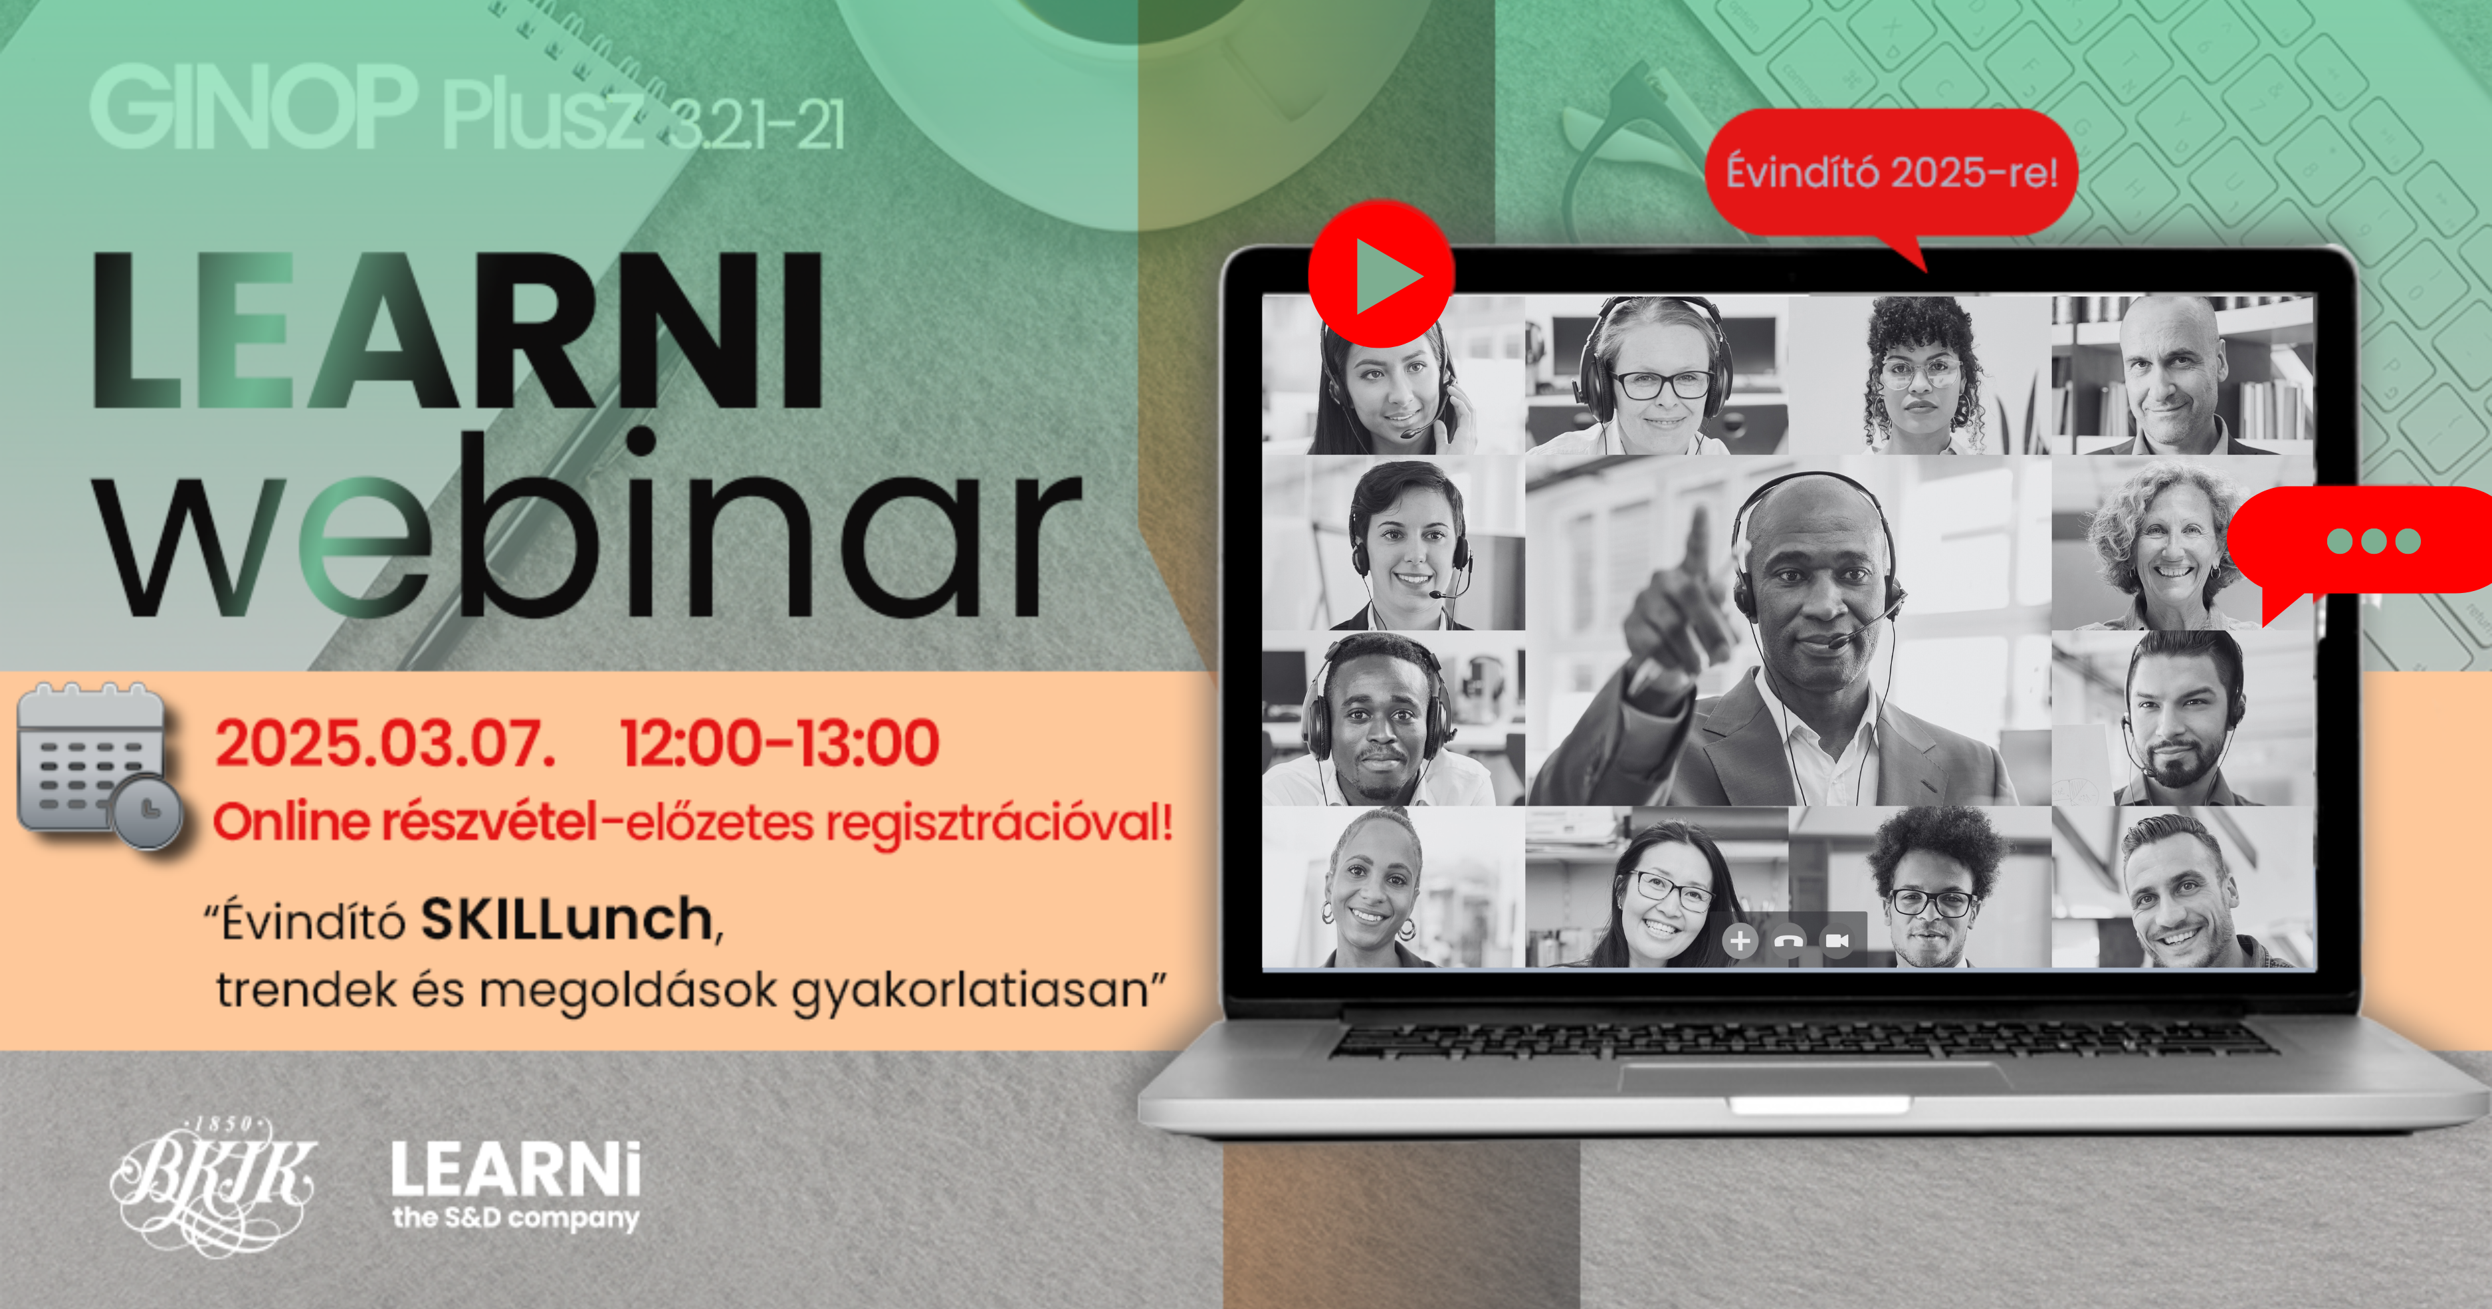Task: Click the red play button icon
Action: coord(1382,275)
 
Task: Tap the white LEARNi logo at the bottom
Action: coord(516,1186)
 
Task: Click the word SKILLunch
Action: coord(567,919)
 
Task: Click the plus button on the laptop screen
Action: coord(1739,941)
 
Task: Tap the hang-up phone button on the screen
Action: coord(1789,941)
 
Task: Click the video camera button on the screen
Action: coord(1837,941)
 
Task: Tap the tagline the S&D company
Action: coord(516,1217)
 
